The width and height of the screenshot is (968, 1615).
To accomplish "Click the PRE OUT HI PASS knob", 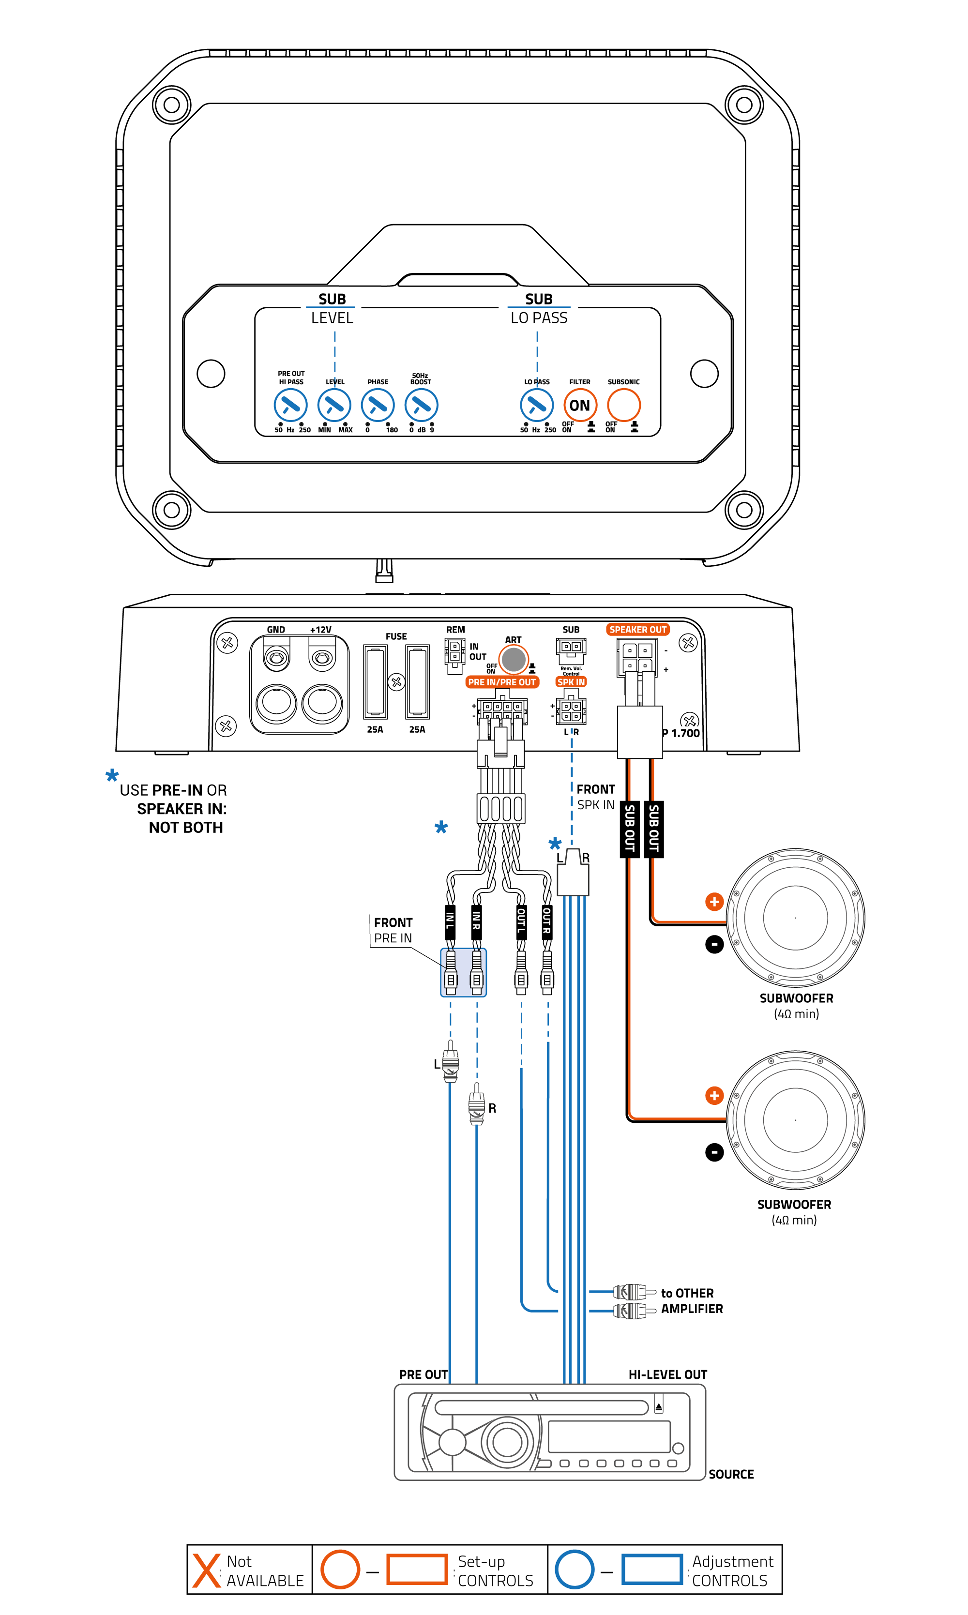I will point(290,405).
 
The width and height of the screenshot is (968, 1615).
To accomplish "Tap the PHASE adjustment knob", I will point(378,405).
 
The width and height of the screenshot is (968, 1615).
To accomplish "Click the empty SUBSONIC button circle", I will point(623,405).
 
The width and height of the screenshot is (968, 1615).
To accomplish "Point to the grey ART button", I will point(514,660).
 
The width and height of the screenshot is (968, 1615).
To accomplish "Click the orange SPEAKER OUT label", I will point(638,630).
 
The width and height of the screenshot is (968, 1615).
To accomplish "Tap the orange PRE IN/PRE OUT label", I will point(501,682).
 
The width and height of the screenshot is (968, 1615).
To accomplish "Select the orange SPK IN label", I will point(571,682).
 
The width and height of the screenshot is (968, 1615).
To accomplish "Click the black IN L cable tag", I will point(450,921).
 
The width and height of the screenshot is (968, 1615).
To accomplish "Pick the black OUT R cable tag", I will point(547,921).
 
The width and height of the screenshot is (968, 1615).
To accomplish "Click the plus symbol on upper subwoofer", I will point(714,902).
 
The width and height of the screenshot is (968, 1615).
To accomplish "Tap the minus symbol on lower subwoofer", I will point(714,1152).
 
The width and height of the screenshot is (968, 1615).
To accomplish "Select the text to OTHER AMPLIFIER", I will point(692,1300).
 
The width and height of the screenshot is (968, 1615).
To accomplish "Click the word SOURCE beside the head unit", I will point(730,1475).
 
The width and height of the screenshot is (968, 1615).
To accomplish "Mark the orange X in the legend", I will point(207,1570).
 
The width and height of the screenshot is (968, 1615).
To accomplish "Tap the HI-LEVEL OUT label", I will point(667,1375).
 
